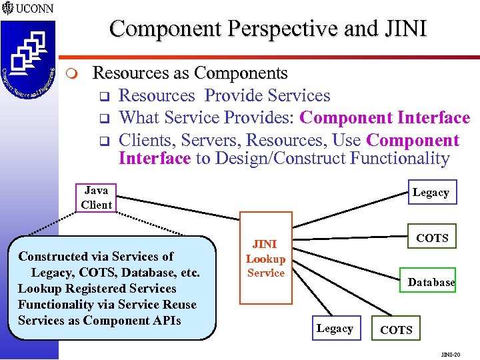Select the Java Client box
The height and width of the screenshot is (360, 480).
pos(96,197)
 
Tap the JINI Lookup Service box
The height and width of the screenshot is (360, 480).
pos(265,258)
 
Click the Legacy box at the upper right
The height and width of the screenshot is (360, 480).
pos(431,193)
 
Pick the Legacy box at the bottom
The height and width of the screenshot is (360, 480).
pos(335,329)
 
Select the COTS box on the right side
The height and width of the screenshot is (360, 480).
pos(432,237)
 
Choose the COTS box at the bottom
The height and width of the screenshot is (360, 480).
pos(396,330)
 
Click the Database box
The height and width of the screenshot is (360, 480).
pos(431,282)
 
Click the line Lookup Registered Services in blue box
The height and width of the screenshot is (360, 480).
pos(97,289)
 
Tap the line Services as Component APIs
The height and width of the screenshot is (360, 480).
pos(99,321)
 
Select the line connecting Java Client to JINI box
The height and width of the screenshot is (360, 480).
pos(177,207)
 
